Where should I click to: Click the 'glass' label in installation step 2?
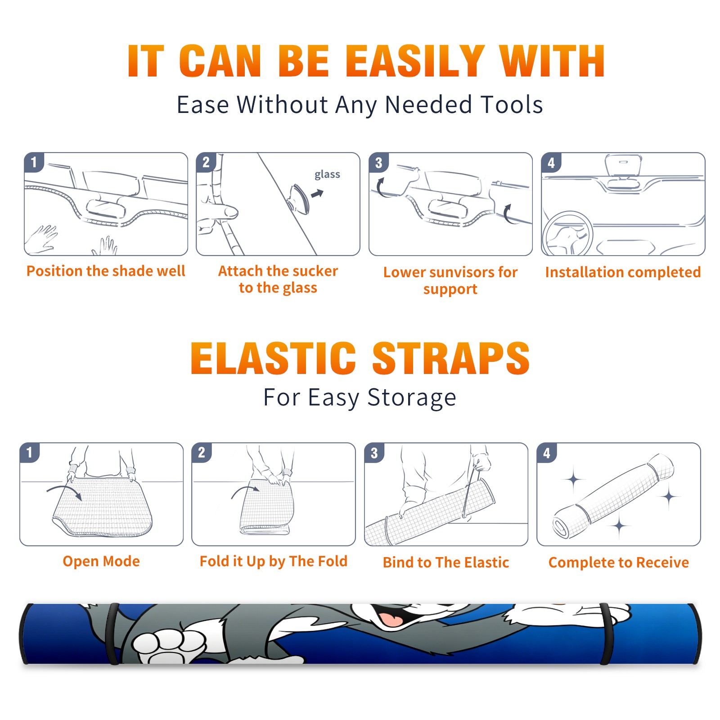pos(327,174)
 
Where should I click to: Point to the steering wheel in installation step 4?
pos(568,234)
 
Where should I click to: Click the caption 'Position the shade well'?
pos(106,271)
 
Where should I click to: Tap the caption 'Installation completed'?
pos(623,272)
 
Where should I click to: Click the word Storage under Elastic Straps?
pos(412,398)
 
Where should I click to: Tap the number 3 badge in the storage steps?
pos(374,453)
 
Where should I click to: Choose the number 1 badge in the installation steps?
pos(34,162)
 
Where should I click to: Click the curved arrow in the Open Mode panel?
pos(64,491)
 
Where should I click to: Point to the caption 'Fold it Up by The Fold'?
pos(274,561)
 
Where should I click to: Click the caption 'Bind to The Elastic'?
pos(446,562)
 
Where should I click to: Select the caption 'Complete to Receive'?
pos(619,562)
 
